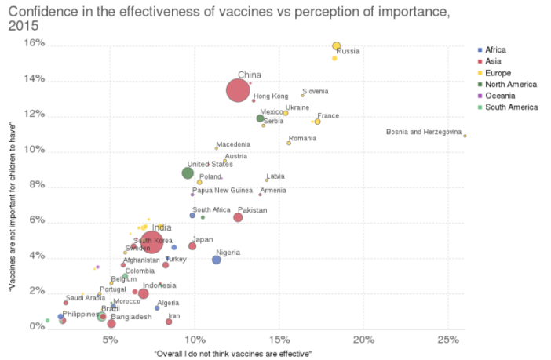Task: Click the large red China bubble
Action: click(238, 90)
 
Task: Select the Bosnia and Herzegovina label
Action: click(424, 132)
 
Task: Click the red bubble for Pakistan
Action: click(238, 217)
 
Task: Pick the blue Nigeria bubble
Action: click(217, 260)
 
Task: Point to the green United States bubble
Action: click(188, 173)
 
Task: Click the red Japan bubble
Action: click(192, 245)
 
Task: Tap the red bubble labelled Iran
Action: click(169, 322)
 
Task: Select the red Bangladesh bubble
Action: click(111, 323)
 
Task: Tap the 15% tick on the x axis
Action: click(279, 340)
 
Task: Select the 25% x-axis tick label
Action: click(447, 340)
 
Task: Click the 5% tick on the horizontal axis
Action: click(110, 340)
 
